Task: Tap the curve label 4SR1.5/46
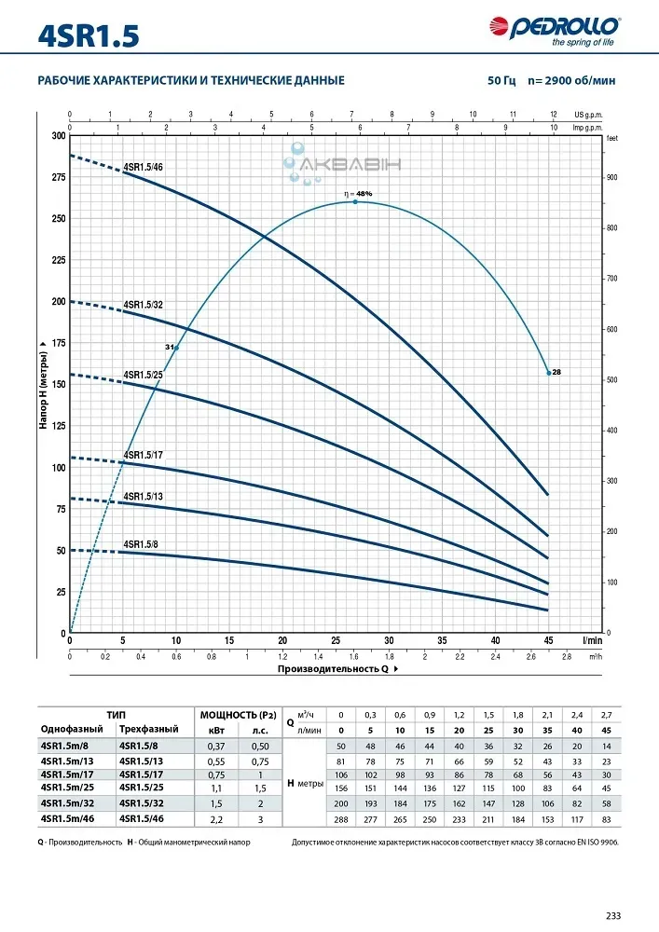(144, 167)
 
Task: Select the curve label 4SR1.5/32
(144, 305)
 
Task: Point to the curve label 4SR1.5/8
(142, 544)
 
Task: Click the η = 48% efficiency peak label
(358, 194)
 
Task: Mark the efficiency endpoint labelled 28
(556, 372)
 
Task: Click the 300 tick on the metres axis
(59, 136)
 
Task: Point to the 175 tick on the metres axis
(59, 344)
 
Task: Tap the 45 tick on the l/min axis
(548, 640)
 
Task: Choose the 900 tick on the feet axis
(612, 177)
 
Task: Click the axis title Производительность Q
(332, 668)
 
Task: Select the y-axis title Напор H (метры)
(43, 385)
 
